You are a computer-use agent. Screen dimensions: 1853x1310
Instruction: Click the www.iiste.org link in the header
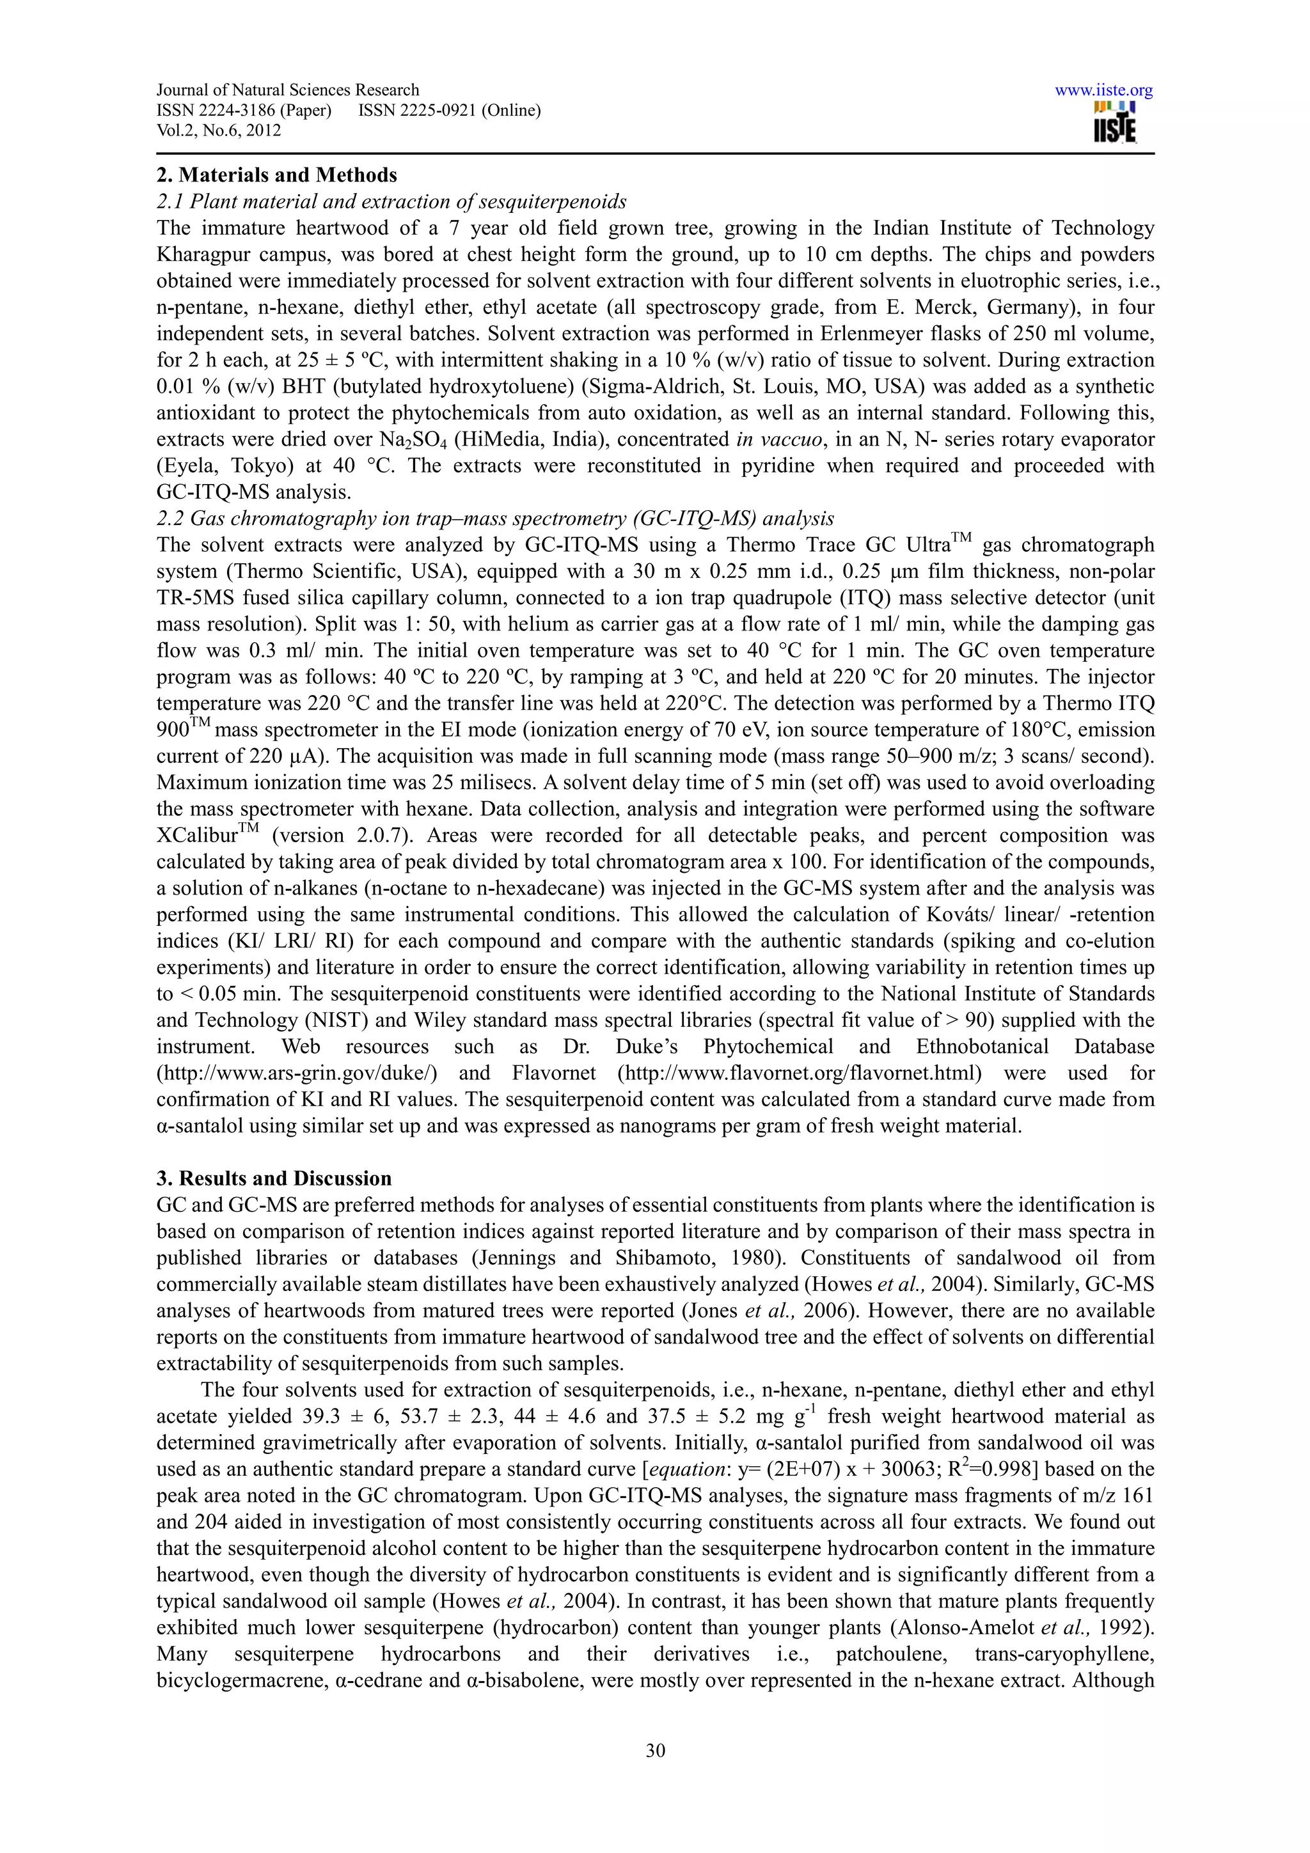coord(1103,90)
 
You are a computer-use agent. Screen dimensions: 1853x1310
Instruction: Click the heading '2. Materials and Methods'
coord(277,175)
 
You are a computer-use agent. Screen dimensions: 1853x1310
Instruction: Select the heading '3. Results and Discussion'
coord(274,1178)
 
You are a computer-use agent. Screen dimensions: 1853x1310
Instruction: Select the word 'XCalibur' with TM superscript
coord(198,836)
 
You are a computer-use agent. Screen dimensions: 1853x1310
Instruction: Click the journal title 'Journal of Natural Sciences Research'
coord(288,90)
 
